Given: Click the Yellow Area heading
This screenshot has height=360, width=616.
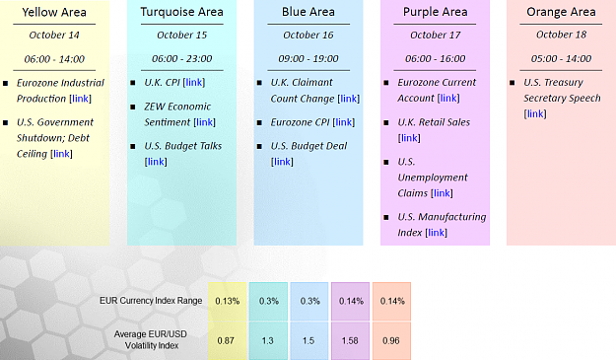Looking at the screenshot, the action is (54, 12).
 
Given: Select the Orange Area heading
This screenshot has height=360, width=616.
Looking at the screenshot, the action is (561, 12).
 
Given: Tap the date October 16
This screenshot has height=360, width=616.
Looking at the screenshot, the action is (308, 35).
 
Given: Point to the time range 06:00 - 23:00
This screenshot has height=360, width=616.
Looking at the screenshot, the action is (182, 58).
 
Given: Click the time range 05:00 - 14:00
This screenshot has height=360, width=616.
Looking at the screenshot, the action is (561, 58).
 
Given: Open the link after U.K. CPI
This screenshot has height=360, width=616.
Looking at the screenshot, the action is (194, 82).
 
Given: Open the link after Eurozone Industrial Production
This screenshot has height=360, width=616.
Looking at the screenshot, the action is (81, 99).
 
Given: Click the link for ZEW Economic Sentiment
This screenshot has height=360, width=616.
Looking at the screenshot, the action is (205, 122).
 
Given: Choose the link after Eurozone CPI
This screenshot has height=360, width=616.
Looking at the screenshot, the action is (344, 122).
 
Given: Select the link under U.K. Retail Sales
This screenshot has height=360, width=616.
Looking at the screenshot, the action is (409, 138).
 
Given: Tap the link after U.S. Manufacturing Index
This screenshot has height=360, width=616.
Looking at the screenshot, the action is (436, 232).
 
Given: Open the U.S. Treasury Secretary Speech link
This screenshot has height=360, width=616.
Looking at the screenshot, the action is (535, 113).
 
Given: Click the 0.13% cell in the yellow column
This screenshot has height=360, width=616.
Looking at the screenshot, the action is (228, 301).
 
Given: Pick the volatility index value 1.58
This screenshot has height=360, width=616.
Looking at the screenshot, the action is (350, 340).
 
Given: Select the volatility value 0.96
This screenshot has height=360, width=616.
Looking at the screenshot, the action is (391, 340).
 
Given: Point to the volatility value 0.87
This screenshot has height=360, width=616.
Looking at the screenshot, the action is (226, 340).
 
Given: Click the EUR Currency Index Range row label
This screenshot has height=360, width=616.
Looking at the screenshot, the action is (151, 301).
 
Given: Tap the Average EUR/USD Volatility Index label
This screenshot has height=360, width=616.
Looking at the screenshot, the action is (151, 339).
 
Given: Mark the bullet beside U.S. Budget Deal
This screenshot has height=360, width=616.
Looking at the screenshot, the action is (259, 147).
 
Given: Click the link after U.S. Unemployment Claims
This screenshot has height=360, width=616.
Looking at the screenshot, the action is (442, 193).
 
